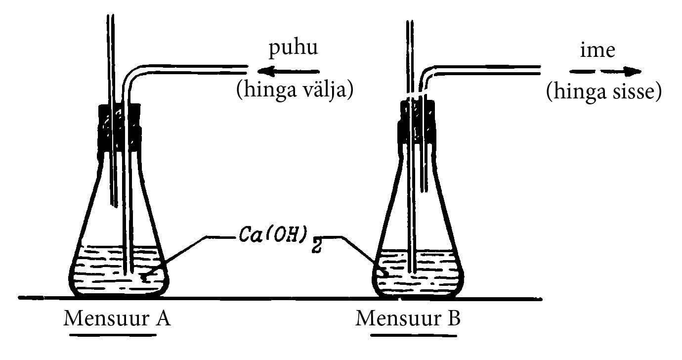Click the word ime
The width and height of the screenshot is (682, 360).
597,50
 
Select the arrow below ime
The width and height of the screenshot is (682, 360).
607,72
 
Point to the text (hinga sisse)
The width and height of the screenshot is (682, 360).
603,92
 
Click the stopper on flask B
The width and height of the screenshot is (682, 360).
418,124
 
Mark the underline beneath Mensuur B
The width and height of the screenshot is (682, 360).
413,335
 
